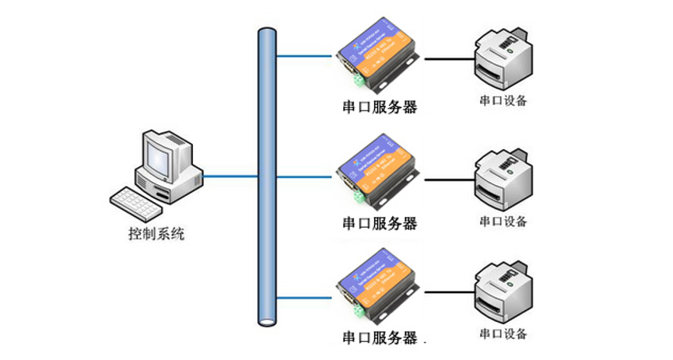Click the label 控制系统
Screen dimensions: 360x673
(156, 232)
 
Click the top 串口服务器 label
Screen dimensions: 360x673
(380, 107)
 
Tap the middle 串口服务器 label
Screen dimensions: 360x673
(380, 224)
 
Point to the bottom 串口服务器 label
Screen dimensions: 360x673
(380, 337)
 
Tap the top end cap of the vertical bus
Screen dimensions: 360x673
(268, 32)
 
